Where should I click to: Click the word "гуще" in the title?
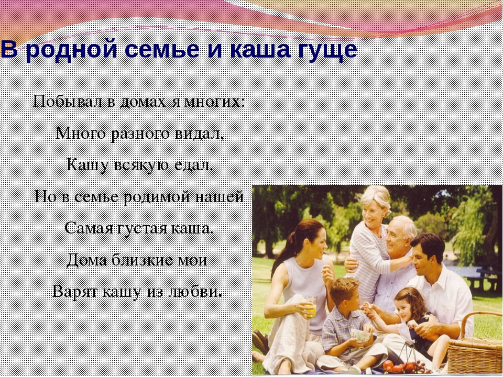327,51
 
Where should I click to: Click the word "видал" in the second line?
199,134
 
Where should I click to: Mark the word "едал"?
193,165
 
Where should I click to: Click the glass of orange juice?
311,307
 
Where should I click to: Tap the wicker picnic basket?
475,348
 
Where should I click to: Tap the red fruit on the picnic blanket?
388,364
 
